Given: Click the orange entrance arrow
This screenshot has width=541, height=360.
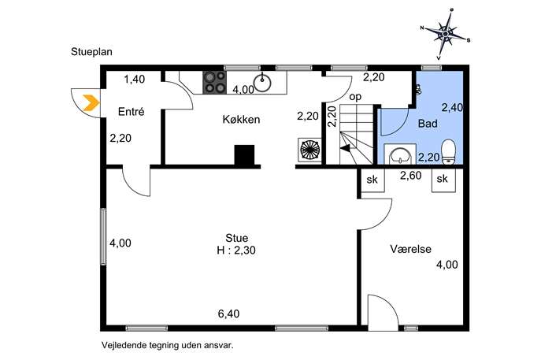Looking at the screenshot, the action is click(92, 102).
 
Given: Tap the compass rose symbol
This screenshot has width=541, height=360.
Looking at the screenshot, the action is click(446, 34).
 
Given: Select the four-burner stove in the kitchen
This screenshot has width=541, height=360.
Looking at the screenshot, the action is click(214, 82).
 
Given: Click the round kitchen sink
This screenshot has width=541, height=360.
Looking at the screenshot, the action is click(262, 83).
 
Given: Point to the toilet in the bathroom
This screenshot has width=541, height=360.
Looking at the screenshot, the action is click(449, 150).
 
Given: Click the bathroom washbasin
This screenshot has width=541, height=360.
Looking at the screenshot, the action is click(399, 155).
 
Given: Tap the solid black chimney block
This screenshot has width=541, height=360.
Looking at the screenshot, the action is click(244, 155).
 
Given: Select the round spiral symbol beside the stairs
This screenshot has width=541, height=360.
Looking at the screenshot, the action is click(309, 149).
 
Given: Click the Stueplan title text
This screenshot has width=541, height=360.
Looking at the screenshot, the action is click(92, 52).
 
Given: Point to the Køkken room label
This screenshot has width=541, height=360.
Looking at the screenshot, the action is click(241, 120).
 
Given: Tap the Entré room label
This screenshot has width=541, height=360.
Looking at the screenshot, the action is click(131, 112).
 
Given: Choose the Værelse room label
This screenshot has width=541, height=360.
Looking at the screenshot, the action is click(410, 249).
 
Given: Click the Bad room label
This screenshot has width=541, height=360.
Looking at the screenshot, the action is click(428, 123).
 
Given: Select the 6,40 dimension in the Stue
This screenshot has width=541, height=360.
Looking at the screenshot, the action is click(228, 314).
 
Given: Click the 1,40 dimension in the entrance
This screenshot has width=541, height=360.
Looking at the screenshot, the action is click(135, 80).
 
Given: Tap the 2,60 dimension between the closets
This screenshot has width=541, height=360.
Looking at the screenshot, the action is click(410, 176).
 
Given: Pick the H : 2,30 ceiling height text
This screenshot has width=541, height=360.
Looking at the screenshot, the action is click(236, 251).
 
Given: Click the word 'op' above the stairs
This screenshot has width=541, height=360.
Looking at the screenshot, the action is click(355, 97).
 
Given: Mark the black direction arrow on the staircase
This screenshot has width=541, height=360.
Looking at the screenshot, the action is click(345, 148).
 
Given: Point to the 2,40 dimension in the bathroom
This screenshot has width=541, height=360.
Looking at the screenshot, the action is click(452, 108).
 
